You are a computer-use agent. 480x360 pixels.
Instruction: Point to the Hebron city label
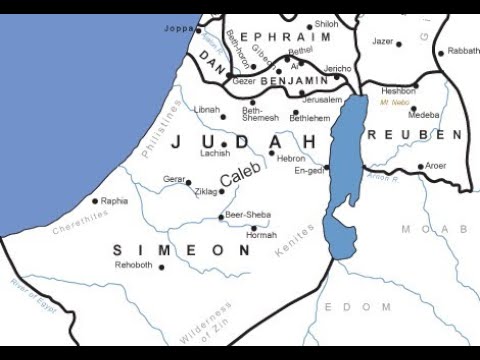click(x=291, y=158)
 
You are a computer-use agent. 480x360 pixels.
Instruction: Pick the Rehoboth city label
click(x=134, y=265)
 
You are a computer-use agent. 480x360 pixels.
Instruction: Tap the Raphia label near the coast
click(x=115, y=200)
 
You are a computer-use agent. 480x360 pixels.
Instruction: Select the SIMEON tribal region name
click(x=180, y=249)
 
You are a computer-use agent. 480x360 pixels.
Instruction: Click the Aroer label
click(x=436, y=166)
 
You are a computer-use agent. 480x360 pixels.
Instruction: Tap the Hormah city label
click(x=262, y=235)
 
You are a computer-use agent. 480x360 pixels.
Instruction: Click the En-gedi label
click(x=310, y=171)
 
